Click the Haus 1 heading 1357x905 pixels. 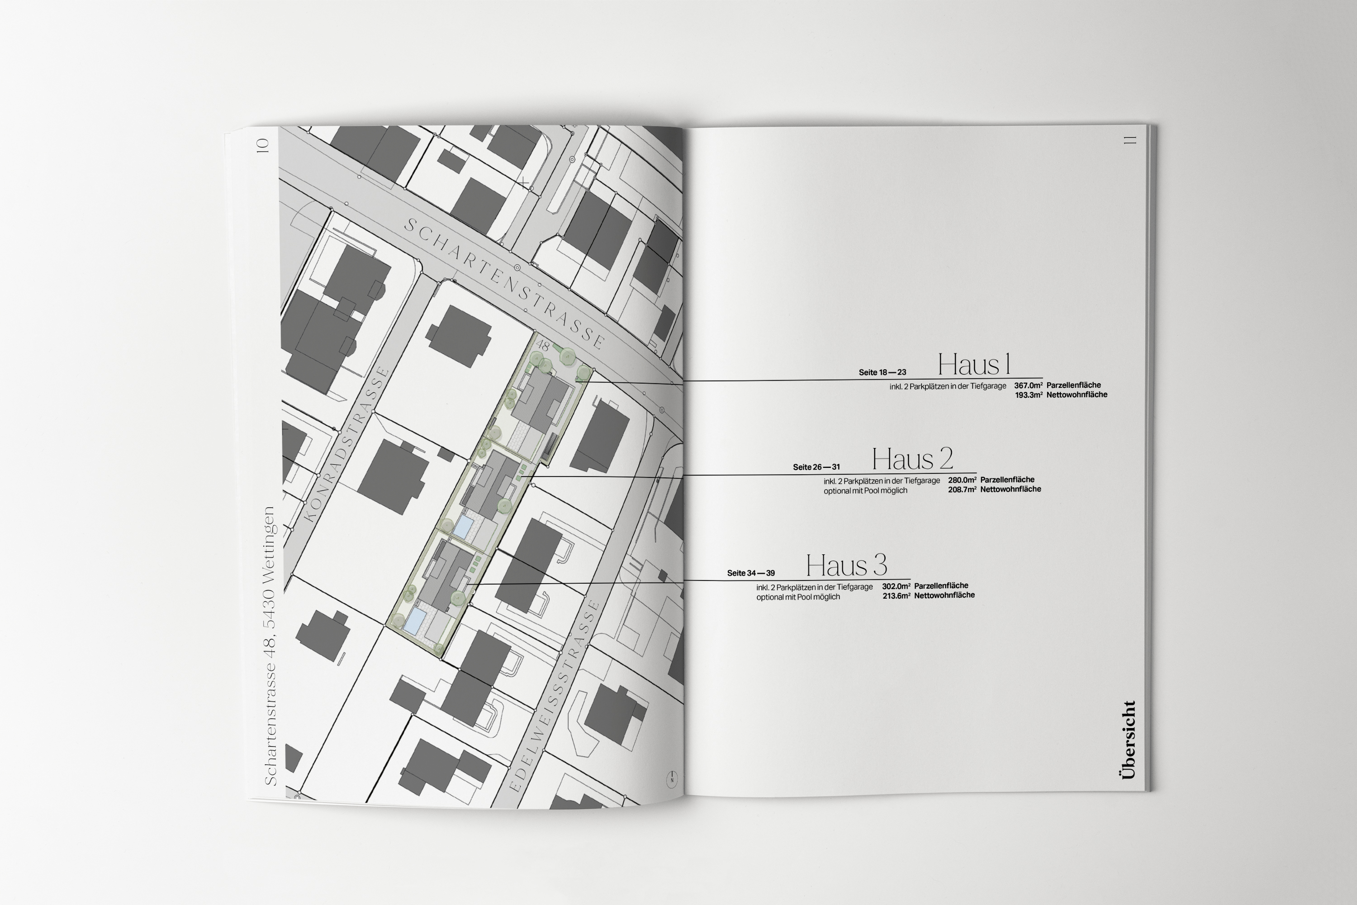(974, 365)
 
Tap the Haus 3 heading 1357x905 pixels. (846, 566)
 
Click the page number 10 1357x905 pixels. (263, 145)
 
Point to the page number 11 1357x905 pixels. (1129, 140)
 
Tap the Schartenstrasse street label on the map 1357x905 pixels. (505, 283)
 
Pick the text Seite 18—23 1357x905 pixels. (882, 372)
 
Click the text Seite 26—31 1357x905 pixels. (816, 467)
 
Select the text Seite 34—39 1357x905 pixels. (750, 573)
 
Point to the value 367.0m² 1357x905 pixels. (1028, 386)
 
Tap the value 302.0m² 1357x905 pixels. (896, 586)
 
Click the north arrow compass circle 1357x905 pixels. (672, 779)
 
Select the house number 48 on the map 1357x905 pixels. (542, 345)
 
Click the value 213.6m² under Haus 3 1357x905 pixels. (896, 595)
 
